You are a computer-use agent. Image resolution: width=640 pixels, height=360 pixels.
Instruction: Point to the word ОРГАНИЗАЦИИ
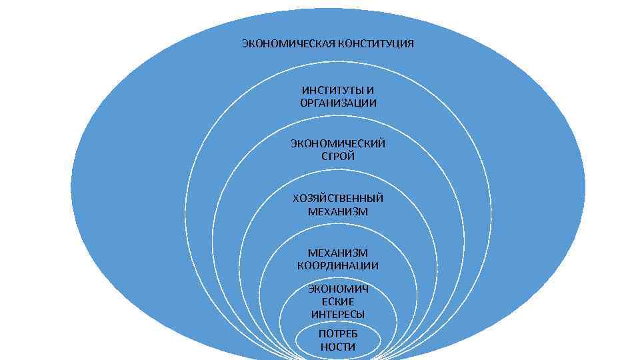pos(338,103)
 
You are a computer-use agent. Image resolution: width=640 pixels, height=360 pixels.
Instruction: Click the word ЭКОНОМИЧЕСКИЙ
pos(338,143)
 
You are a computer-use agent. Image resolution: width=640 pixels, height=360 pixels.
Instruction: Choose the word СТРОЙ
pos(338,157)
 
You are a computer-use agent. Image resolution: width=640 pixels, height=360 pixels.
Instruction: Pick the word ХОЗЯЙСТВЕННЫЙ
pos(338,198)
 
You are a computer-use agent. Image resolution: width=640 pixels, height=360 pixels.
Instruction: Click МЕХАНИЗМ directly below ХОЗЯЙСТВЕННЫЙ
pos(338,211)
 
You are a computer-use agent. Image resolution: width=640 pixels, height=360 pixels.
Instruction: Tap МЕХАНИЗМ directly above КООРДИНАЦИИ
pos(338,253)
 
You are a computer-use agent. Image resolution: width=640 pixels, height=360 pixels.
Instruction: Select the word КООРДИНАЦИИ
pos(338,266)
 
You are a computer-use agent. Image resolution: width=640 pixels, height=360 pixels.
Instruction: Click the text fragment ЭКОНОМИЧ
pos(338,289)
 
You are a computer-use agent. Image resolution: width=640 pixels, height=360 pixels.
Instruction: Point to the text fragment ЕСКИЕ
pos(338,301)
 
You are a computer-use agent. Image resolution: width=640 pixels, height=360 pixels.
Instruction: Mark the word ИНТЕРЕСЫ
pos(338,314)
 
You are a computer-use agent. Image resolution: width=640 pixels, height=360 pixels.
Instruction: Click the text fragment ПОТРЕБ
pos(338,333)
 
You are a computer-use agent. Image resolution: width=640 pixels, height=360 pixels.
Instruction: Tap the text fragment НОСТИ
pos(338,347)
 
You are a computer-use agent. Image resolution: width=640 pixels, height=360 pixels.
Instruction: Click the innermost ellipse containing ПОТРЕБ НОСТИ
pos(307,341)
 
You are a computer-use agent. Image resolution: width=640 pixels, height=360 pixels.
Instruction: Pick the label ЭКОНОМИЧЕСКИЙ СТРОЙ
pos(338,150)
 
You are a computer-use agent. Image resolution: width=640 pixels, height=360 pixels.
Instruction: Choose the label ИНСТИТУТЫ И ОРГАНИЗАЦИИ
pos(338,97)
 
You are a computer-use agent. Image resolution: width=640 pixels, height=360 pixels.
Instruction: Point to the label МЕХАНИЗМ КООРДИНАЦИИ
pos(338,259)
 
